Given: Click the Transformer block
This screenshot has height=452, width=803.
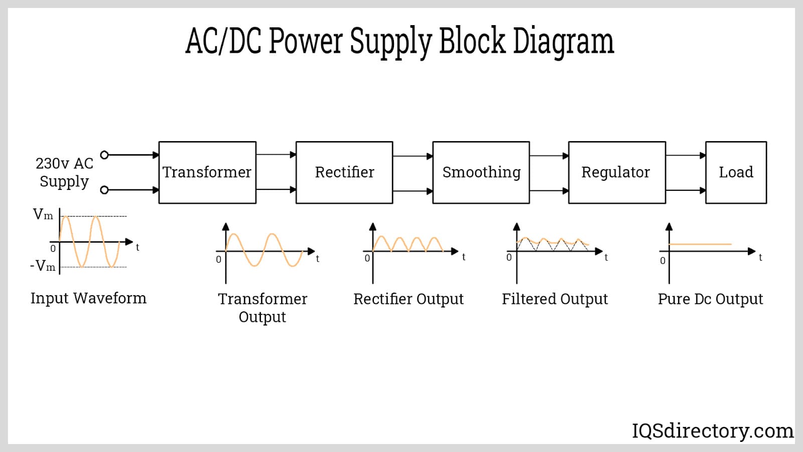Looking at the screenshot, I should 207,172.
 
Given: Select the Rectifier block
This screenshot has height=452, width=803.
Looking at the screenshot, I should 344,172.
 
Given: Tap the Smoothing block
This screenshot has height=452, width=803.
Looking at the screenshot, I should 481,172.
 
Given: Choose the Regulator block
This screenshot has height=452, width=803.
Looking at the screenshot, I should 617,172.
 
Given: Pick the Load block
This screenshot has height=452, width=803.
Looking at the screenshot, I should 736,172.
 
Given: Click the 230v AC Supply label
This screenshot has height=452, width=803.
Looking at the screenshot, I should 64,172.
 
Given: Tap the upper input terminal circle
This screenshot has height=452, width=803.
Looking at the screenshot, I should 104,155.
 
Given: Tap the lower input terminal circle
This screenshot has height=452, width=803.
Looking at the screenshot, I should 104,190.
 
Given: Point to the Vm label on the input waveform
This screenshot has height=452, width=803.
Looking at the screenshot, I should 43,215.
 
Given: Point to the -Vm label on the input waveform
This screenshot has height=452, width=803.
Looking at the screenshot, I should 43,266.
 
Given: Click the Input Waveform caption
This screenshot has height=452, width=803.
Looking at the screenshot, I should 88,298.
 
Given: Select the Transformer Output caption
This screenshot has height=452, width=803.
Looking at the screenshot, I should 262,307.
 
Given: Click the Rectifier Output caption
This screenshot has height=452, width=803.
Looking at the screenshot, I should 409,299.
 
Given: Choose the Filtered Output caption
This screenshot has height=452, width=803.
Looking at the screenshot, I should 555,299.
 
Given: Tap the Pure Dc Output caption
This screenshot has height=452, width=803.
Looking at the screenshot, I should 710,299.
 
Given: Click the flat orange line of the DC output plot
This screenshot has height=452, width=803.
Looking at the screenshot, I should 700,245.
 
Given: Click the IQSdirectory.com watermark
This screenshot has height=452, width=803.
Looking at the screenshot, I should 713,431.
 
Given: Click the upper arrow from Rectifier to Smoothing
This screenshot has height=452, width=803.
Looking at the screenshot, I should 413,156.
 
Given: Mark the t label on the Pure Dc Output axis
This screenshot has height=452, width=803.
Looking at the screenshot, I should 760,258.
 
